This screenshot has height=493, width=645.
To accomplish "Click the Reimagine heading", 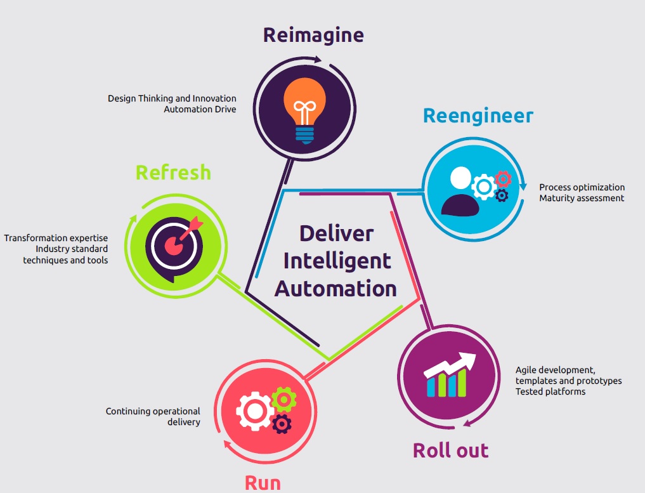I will tap(313, 34).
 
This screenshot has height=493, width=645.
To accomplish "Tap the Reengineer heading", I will tap(478, 116).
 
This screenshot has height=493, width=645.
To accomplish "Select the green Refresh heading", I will tap(173, 173).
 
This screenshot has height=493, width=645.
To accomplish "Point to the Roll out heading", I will tap(450, 450).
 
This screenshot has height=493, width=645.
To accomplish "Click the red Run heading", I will tap(263, 483).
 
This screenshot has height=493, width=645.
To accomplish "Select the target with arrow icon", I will tap(175, 242).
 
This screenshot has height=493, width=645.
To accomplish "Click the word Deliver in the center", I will tap(336, 233).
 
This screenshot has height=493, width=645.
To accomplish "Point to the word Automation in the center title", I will tap(336, 289).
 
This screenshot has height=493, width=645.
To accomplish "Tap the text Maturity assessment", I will tap(582, 198).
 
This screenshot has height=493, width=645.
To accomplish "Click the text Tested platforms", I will tap(550, 391).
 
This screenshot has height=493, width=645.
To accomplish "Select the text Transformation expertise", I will tap(56, 238).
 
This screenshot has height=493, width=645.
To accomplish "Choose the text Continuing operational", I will tap(153, 411).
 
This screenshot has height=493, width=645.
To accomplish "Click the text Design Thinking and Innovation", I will tap(172, 98).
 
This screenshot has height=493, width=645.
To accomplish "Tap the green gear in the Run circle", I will tap(283, 399).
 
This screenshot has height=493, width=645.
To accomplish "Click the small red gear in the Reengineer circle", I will tap(503, 178).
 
